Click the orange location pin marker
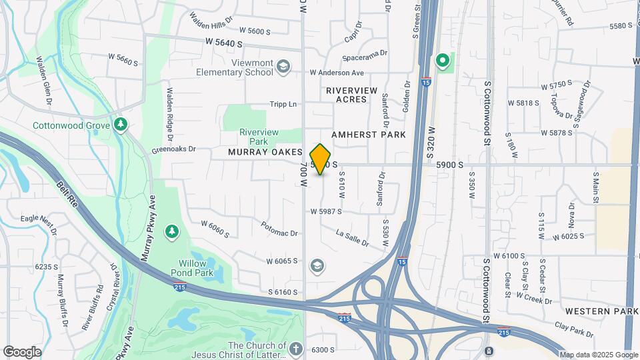tap(320, 159)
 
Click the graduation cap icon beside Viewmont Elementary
tap(283, 65)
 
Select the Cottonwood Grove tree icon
tap(121, 124)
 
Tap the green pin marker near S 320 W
tap(442, 61)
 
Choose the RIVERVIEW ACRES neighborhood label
tap(351, 95)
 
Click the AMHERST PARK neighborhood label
tap(369, 135)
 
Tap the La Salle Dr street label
tap(352, 237)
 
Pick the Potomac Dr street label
tap(279, 229)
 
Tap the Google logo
tap(22, 351)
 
